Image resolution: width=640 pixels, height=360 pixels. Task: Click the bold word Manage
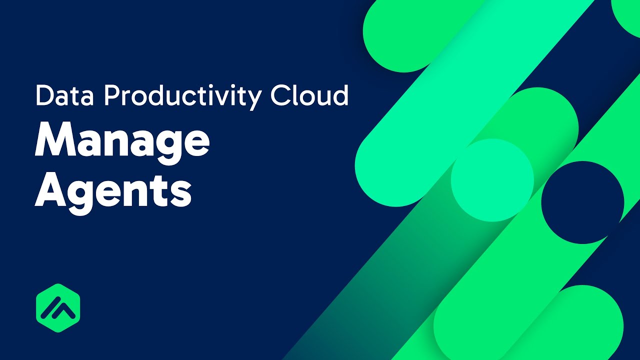coord(122,141)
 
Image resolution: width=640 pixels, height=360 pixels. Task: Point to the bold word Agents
coord(113,192)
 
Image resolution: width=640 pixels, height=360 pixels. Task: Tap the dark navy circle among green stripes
coord(582,202)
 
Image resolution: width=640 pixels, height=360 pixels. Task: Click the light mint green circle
coord(492,180)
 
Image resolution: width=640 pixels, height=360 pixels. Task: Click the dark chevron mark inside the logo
coord(58,309)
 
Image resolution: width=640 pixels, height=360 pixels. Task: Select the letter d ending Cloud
coord(340,95)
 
